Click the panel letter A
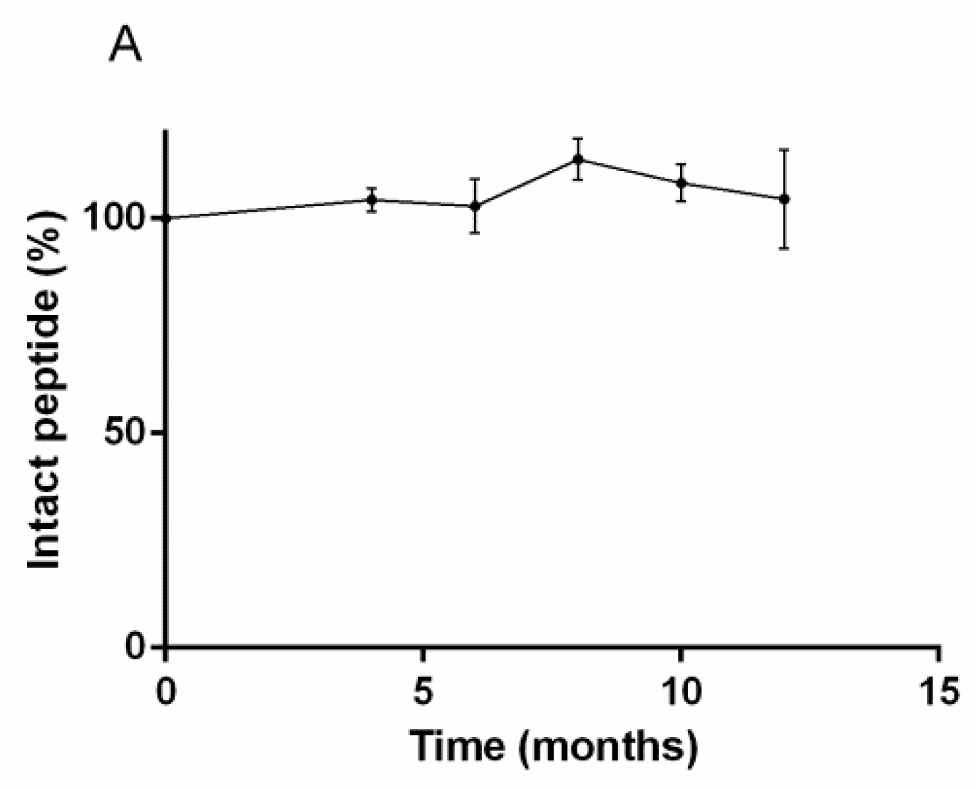[125, 47]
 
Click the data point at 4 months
[371, 200]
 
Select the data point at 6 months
[475, 206]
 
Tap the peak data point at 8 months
[578, 159]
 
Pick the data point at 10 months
[682, 182]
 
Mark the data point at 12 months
[784, 199]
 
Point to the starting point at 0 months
[165, 218]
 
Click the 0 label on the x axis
[165, 691]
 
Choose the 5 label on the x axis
[423, 691]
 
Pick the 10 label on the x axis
[681, 691]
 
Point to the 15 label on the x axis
[938, 691]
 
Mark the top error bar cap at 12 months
[784, 150]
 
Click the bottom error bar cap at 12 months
[784, 248]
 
